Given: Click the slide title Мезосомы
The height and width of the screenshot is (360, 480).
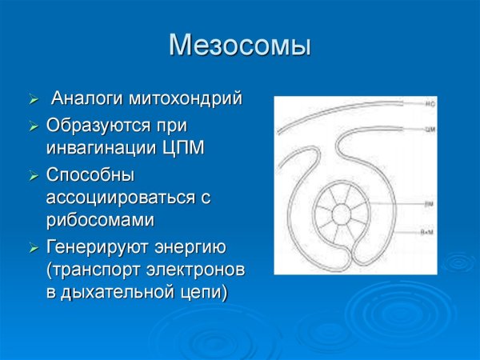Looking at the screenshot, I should [240, 45].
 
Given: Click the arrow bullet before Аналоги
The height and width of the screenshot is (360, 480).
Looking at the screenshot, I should [33, 101].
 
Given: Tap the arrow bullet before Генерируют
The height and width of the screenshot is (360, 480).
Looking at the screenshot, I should [33, 247].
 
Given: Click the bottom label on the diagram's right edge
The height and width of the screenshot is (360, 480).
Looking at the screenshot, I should [429, 230].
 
